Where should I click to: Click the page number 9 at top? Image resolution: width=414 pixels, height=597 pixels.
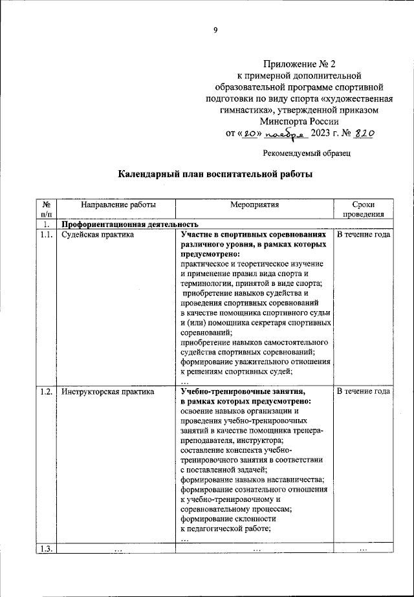click(x=215, y=28)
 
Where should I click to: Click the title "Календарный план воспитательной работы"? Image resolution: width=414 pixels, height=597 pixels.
click(x=216, y=175)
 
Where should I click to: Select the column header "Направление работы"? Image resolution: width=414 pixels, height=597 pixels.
click(x=118, y=204)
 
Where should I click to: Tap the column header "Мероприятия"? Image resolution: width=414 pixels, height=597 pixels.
click(x=254, y=204)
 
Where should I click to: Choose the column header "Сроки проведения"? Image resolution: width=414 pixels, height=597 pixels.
click(x=363, y=210)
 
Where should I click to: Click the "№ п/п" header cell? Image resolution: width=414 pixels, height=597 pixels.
click(x=46, y=210)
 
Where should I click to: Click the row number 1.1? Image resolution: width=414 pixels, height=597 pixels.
click(x=45, y=235)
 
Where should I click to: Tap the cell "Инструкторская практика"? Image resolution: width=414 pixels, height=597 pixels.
click(x=107, y=391)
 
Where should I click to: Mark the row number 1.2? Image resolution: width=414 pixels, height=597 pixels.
click(x=45, y=391)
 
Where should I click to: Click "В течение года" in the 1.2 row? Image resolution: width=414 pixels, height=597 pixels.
click(x=363, y=391)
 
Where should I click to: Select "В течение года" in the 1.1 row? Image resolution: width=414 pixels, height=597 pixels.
click(x=363, y=235)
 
